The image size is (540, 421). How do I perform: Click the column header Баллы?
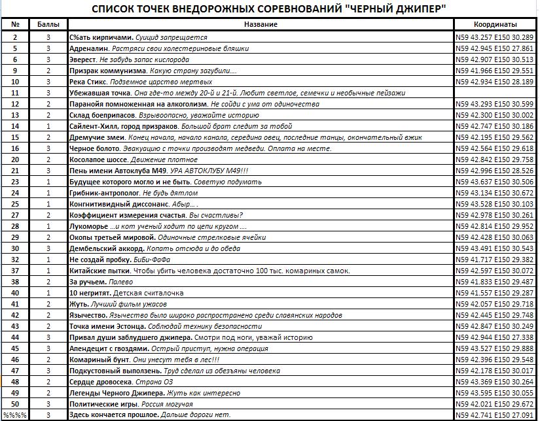click(48, 24)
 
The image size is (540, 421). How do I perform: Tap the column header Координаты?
click(495, 24)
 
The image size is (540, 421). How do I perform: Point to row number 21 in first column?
click(15, 171)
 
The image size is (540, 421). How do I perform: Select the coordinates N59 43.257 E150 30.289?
click(495, 37)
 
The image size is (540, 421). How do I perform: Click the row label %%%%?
click(15, 415)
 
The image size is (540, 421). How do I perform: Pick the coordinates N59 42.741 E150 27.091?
click(495, 415)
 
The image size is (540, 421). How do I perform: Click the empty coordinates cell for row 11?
click(495, 93)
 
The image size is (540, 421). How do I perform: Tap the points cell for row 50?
click(48, 404)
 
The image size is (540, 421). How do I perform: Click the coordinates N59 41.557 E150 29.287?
click(495, 293)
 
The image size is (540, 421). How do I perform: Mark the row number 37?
click(15, 271)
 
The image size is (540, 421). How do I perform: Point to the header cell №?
click(15, 24)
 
